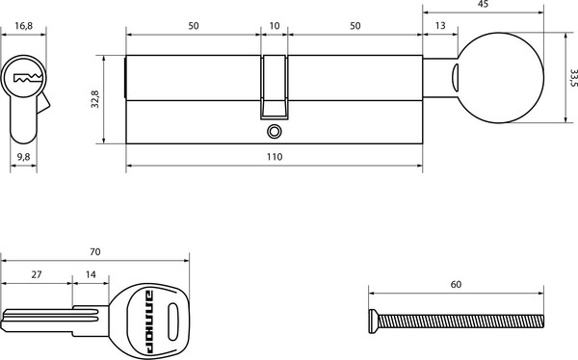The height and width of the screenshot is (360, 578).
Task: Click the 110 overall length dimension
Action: pyautogui.click(x=275, y=157)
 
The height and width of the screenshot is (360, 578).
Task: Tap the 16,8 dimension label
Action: pyautogui.click(x=23, y=26)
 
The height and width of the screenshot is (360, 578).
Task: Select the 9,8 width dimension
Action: pyautogui.click(x=23, y=157)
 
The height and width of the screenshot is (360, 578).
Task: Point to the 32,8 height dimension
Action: pyautogui.click(x=95, y=99)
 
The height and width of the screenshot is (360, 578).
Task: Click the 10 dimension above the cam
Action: pyautogui.click(x=275, y=26)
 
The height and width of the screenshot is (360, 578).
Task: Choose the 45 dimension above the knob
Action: pyautogui.click(x=483, y=4)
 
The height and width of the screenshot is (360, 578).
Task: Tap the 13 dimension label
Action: pyautogui.click(x=440, y=26)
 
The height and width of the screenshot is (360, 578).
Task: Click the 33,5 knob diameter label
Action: pyautogui.click(x=573, y=78)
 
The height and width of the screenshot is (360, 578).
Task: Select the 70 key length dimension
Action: pyautogui.click(x=95, y=252)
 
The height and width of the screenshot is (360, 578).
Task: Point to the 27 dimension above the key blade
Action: pyautogui.click(x=37, y=274)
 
